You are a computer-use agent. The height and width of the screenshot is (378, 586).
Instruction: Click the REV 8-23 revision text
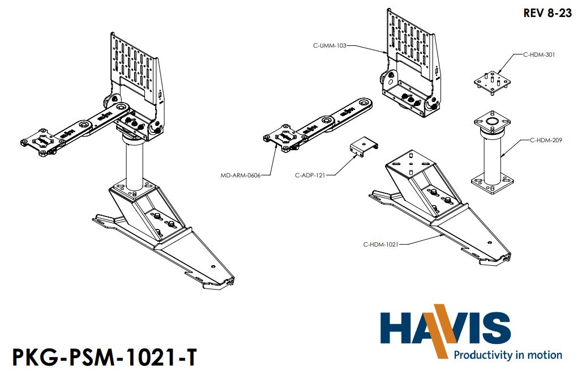tap(547, 14)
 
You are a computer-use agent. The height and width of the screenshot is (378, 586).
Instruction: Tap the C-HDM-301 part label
tap(538, 55)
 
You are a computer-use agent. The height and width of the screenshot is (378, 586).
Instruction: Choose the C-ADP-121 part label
tap(310, 175)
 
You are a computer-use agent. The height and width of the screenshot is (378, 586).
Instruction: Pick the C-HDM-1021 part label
tap(381, 244)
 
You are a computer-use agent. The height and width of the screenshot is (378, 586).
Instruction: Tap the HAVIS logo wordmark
tap(444, 329)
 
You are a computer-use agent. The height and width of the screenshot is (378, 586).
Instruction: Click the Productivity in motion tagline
tap(508, 355)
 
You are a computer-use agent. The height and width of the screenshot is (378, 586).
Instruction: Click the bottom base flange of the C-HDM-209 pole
tap(493, 182)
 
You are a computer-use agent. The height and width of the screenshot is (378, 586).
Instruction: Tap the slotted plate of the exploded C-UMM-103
tap(412, 37)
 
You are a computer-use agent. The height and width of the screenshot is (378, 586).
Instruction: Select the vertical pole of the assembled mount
tap(135, 167)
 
